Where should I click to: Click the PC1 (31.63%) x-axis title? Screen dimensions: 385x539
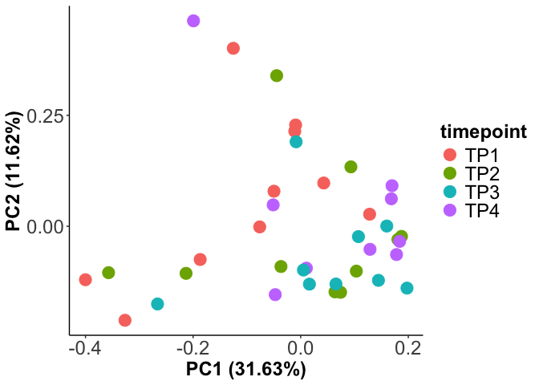click(246, 370)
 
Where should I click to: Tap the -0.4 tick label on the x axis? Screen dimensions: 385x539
click(85, 350)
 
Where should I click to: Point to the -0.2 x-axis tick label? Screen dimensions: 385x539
click(192, 350)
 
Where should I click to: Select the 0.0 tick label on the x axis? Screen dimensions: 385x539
click(301, 350)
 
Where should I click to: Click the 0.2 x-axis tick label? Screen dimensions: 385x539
click(408, 350)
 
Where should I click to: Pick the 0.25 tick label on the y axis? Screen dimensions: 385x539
click(44, 116)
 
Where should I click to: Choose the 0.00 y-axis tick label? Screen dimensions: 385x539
click(44, 226)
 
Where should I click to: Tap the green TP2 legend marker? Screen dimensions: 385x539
click(449, 173)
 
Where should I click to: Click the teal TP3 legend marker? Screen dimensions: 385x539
click(449, 192)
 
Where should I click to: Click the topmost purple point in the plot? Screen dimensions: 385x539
click(193, 21)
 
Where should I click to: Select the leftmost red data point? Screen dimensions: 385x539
click(85, 280)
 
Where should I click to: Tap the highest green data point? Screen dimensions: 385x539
click(277, 75)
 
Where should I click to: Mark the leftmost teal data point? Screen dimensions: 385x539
click(157, 304)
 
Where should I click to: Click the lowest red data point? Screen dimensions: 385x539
click(125, 320)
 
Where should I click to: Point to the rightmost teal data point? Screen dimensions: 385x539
click(407, 288)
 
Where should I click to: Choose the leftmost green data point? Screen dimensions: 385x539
click(108, 273)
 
